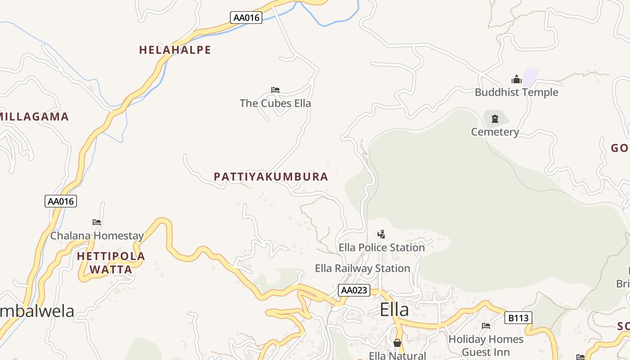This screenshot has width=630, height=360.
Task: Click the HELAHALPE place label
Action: click(x=175, y=50)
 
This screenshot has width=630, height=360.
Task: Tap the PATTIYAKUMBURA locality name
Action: click(x=271, y=177)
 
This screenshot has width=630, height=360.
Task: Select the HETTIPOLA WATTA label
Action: click(x=111, y=263)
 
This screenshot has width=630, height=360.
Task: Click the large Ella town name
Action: click(x=394, y=310)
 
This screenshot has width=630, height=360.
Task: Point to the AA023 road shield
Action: click(x=354, y=290)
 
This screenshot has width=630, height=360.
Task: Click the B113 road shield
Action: click(x=518, y=318)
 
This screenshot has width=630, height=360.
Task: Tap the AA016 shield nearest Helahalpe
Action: click(x=246, y=18)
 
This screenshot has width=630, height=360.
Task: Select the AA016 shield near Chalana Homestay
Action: click(x=61, y=201)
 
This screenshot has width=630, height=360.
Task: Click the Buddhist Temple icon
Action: click(x=516, y=80)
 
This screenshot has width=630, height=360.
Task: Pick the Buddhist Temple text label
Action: click(x=516, y=93)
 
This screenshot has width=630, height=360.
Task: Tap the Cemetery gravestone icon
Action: click(x=495, y=119)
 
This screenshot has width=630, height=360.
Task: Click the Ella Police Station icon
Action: click(x=381, y=234)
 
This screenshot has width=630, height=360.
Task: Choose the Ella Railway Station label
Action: click(x=362, y=269)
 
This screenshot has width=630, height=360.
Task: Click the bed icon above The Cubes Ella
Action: click(x=275, y=90)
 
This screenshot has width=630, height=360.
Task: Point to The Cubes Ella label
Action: click(x=275, y=103)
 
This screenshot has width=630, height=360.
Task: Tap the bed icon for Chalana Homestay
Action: click(x=97, y=222)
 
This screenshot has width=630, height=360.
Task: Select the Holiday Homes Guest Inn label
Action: click(x=486, y=345)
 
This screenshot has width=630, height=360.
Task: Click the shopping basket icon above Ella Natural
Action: click(x=397, y=343)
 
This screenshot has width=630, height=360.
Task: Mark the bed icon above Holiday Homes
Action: click(x=486, y=326)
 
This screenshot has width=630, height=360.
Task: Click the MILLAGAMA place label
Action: click(x=34, y=117)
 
